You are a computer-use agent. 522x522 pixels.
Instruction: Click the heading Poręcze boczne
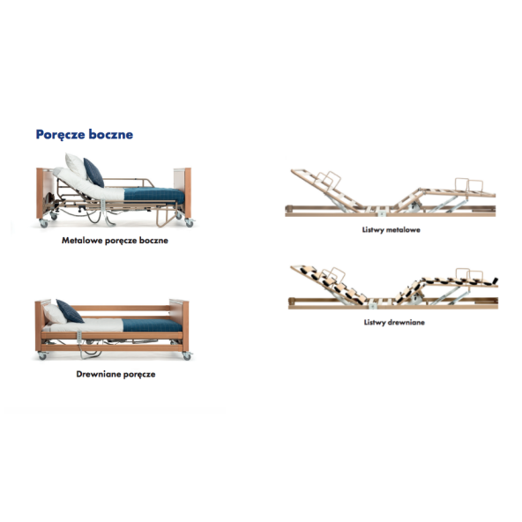[85, 135]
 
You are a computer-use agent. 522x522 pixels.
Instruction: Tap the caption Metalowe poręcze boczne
[115, 241]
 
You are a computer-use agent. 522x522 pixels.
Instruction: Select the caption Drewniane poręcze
[116, 374]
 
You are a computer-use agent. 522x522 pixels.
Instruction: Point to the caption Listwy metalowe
[391, 230]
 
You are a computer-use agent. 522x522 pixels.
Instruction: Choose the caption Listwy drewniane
[394, 322]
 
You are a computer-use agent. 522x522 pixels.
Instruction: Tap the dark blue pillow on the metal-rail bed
[93, 173]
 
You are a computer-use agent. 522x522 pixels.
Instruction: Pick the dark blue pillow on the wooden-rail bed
[70, 311]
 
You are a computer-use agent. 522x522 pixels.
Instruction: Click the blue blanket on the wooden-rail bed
[153, 324]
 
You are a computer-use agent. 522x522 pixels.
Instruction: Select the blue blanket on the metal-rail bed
[154, 195]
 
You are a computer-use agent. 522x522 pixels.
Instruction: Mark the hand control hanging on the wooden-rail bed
[79, 337]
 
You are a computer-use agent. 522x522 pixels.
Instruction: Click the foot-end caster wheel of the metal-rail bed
[190, 223]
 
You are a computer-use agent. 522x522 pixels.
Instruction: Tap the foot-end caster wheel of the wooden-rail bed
[187, 356]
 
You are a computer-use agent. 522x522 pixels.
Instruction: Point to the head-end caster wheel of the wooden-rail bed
[42, 356]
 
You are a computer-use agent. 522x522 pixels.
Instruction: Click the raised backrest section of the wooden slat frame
[328, 285]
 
